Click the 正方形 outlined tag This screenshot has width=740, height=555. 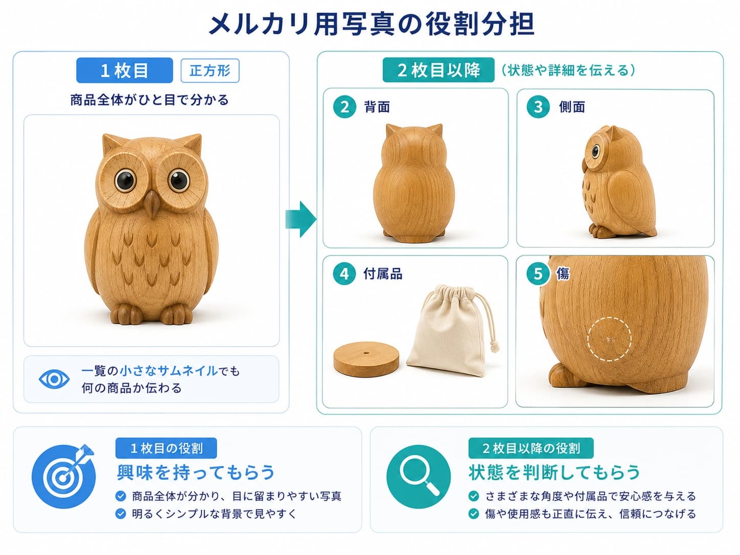(x=210, y=71)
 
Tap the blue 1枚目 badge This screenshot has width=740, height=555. (x=124, y=71)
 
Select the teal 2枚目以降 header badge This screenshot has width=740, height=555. (x=438, y=70)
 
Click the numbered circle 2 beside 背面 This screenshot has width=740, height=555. (x=344, y=107)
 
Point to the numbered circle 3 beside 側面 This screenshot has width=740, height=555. (x=538, y=107)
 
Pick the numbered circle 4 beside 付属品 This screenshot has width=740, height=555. (x=344, y=273)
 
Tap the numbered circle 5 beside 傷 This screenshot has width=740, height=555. (x=538, y=273)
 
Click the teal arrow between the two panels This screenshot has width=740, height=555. (x=301, y=219)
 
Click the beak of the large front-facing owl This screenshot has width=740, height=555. (x=152, y=203)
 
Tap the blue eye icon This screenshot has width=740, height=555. (x=54, y=379)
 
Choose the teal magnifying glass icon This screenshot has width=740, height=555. (x=419, y=476)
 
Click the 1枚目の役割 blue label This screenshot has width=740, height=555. (x=166, y=448)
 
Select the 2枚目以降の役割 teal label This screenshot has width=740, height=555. (x=530, y=448)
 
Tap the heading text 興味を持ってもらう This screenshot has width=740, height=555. (x=196, y=472)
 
